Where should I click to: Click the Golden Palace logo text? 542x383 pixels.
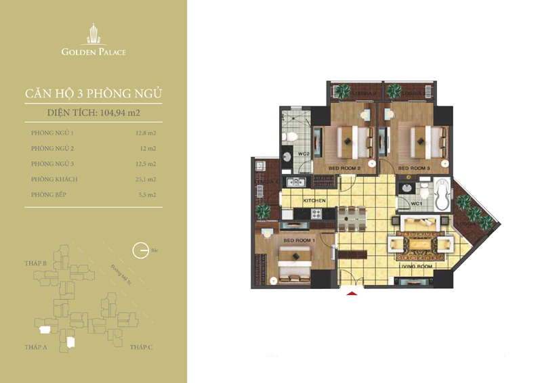(93, 51)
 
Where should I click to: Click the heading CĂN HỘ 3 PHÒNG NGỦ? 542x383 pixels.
(93, 93)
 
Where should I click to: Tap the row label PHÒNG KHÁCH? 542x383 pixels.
(54, 179)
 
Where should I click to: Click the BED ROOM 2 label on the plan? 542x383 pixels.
(343, 167)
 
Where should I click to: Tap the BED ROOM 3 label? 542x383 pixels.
(413, 167)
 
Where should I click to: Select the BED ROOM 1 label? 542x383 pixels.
(298, 240)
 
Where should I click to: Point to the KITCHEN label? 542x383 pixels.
(314, 201)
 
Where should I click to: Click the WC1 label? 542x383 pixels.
(417, 202)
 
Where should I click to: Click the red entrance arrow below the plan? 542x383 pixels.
(351, 292)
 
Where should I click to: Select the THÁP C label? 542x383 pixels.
(142, 346)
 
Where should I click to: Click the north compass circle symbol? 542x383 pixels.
(140, 250)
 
